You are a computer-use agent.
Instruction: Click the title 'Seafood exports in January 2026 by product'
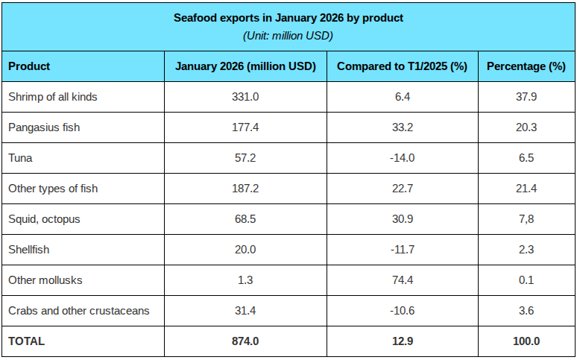tap(288, 18)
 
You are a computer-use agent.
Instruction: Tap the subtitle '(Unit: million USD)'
tap(288, 35)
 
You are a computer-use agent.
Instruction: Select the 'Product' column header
tap(29, 66)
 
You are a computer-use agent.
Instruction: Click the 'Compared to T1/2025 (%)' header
tap(402, 66)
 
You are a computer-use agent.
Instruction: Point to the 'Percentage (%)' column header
tap(526, 66)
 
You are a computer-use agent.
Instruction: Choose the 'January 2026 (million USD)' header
tap(245, 66)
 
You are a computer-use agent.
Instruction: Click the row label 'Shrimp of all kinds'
tap(52, 97)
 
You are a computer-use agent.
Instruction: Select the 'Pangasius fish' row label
tap(44, 127)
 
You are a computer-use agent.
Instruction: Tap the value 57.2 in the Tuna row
tap(245, 158)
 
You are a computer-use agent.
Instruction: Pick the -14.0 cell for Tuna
tap(402, 158)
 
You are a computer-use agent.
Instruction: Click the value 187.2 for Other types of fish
tap(245, 189)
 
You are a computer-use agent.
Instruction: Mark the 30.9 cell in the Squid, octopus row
tap(402, 219)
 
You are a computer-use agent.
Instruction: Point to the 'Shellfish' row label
tap(28, 250)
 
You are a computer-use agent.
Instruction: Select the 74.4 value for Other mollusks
tap(402, 280)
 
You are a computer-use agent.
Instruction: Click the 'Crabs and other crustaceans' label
tap(78, 311)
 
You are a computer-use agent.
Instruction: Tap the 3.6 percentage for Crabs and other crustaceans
tap(526, 311)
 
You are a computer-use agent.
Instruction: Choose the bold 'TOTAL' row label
tap(27, 341)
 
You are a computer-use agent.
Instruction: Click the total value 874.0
tap(245, 341)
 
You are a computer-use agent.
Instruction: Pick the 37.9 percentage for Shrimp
tap(526, 97)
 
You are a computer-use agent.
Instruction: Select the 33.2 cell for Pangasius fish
tap(402, 127)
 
